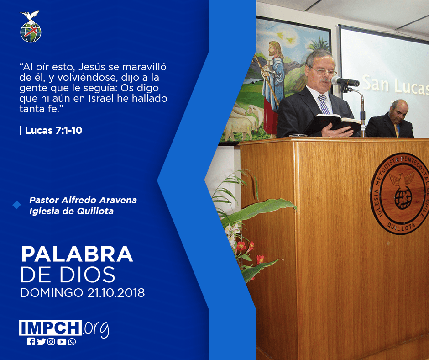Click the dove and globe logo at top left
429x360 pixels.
coord(31,26)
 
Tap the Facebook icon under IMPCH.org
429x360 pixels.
coord(31,342)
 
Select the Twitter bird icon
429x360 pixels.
coord(41,342)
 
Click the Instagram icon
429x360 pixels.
coord(51,342)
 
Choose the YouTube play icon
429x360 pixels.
coord(62,342)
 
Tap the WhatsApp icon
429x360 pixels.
coord(72,342)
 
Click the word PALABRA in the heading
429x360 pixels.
coord(77,254)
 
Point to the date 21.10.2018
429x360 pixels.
coord(116,293)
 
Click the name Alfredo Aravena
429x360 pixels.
coord(99,200)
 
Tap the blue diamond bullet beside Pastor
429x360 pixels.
coord(17,205)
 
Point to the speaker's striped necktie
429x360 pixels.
coord(324,104)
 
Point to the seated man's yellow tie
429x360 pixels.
coord(396,130)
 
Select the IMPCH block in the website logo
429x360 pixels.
coord(50,328)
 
